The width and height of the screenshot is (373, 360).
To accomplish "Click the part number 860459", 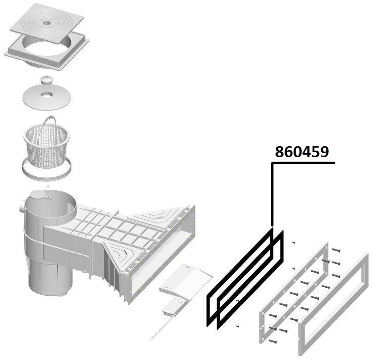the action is point(302,152).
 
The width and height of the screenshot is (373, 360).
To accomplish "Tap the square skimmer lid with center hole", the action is point(47,23).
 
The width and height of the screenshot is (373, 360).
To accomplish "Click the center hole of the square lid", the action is point(47,23).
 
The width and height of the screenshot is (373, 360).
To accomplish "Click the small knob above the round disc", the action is point(45,80).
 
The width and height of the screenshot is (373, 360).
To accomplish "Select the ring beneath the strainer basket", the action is point(47,169).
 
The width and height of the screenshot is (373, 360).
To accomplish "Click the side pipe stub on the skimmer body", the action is point(22,207).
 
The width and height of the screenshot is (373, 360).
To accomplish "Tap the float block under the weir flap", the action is point(174,307).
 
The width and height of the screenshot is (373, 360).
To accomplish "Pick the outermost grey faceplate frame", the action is point(333,305).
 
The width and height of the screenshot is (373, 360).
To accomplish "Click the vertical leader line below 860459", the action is point(272,194).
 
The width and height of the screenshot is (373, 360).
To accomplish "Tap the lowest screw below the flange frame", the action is point(272,341).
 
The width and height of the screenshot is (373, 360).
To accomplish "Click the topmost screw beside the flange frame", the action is point(336,250).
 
